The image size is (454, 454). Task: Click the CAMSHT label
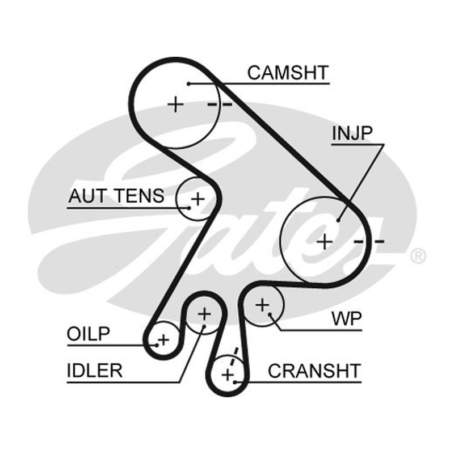pyautogui.click(x=288, y=73)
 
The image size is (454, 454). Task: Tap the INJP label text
pyautogui.click(x=352, y=133)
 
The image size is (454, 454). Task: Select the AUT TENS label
pyautogui.click(x=116, y=196)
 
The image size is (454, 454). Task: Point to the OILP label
pyautogui.click(x=89, y=334)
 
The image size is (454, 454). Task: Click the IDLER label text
pyautogui.click(x=95, y=371)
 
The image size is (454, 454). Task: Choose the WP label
pyautogui.click(x=347, y=319)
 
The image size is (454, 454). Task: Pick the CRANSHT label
pyautogui.click(x=314, y=371)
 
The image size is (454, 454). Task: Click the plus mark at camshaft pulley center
pyautogui.click(x=175, y=104)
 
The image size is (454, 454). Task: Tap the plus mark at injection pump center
pyautogui.click(x=325, y=242)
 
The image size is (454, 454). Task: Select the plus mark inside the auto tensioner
pyautogui.click(x=198, y=199)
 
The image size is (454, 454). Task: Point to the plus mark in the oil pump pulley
pyautogui.click(x=163, y=339)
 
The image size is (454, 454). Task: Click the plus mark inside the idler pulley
pyautogui.click(x=204, y=314)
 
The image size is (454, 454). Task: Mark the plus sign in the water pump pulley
pyautogui.click(x=262, y=305)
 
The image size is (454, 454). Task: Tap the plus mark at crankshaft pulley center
pyautogui.click(x=228, y=375)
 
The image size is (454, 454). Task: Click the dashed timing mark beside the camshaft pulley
pyautogui.click(x=220, y=104)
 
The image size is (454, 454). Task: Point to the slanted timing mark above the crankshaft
pyautogui.click(x=233, y=357)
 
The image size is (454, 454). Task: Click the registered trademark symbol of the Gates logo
pyautogui.click(x=418, y=256)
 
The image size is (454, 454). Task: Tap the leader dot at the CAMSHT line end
pyautogui.click(x=188, y=84)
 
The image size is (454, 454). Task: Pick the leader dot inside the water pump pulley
pyautogui.click(x=270, y=314)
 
